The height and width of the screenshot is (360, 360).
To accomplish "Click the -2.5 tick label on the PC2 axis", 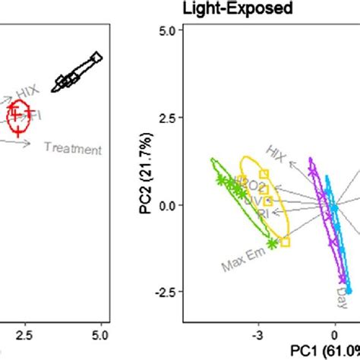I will click(x=165, y=293).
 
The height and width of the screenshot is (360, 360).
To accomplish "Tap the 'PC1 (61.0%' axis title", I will click(x=325, y=349).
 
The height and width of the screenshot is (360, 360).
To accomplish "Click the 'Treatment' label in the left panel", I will click(x=72, y=148).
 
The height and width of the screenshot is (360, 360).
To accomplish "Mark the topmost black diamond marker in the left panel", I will click(x=96, y=57).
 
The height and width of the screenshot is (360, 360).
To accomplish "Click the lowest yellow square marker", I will click(x=285, y=242).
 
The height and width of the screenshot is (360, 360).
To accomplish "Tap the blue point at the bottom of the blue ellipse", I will click(x=349, y=290).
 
